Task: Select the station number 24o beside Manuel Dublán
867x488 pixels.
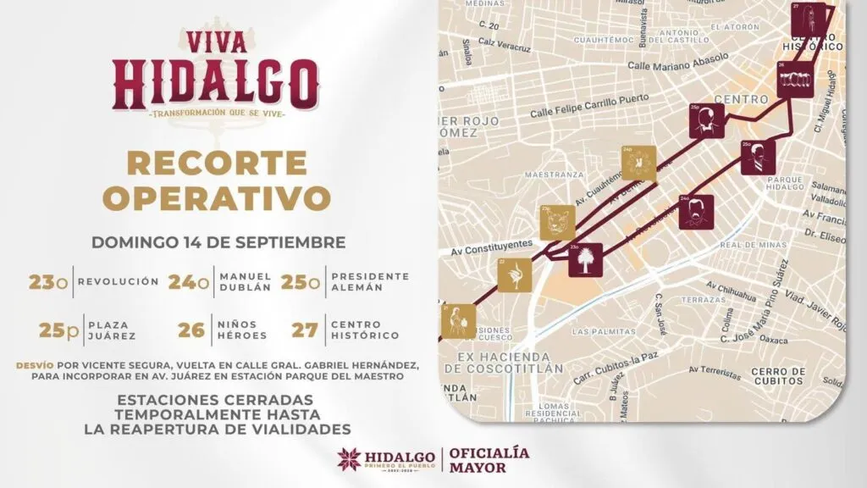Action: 188,282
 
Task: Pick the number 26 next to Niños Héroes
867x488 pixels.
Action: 191,330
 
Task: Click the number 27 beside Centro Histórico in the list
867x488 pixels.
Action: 304,330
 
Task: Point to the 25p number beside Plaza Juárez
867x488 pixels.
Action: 60,330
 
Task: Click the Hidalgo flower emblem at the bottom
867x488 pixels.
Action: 349,460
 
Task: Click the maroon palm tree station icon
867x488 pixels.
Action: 585,259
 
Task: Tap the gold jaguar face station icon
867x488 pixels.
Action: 557,222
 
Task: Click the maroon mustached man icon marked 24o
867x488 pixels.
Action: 695,212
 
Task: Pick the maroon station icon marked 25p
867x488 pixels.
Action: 704,120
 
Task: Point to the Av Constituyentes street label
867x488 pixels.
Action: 491,247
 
